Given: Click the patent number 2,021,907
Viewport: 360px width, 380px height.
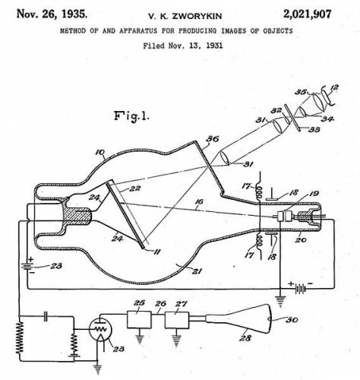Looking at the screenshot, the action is tap(307, 14).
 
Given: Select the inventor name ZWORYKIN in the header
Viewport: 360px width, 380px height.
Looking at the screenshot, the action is tap(197, 16).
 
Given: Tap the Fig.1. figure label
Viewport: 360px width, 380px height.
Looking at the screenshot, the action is tap(131, 116).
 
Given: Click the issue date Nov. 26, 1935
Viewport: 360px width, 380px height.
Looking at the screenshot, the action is tap(52, 14).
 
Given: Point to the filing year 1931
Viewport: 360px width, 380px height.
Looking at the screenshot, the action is tap(214, 46).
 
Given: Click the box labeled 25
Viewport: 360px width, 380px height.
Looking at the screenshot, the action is tap(139, 320).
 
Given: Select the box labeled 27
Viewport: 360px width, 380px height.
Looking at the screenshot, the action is tap(177, 320).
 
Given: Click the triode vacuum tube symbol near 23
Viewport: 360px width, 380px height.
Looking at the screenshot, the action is tap(100, 329).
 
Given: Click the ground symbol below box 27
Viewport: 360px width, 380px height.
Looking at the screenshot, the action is tap(176, 340).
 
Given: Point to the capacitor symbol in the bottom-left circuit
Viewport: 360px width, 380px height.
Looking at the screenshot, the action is tap(46, 316).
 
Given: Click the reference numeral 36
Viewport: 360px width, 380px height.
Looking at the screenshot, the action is tap(212, 139).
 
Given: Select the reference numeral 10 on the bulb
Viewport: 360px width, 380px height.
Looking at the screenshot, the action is tap(100, 152).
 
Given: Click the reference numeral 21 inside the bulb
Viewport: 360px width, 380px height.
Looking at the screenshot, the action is tap(197, 271).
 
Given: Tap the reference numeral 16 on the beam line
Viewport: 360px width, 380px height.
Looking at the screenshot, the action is tap(199, 202).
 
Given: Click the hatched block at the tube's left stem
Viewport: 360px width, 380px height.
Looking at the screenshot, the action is tap(77, 216).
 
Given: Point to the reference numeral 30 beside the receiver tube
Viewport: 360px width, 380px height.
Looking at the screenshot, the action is tap(292, 320).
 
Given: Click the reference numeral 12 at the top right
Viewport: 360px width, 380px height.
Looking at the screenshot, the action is tap(334, 88).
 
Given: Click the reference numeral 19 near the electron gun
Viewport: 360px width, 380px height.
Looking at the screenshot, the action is tap(314, 194).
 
